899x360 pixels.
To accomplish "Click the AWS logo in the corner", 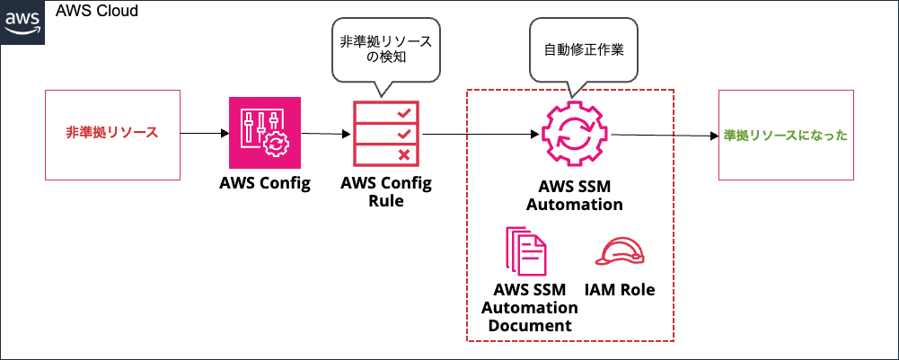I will [22, 19].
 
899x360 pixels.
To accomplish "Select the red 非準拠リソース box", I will [112, 133].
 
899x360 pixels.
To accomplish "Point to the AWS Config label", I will [265, 184].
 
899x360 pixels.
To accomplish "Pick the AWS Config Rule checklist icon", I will [387, 133].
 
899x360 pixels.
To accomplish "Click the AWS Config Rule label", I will [386, 192].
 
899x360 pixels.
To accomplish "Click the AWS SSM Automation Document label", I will [530, 307].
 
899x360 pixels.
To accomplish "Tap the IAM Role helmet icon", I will [620, 252].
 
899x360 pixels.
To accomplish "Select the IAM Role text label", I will [620, 290].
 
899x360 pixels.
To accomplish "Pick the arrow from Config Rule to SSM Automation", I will [480, 135].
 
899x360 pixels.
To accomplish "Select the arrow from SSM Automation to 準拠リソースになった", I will [665, 136].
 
